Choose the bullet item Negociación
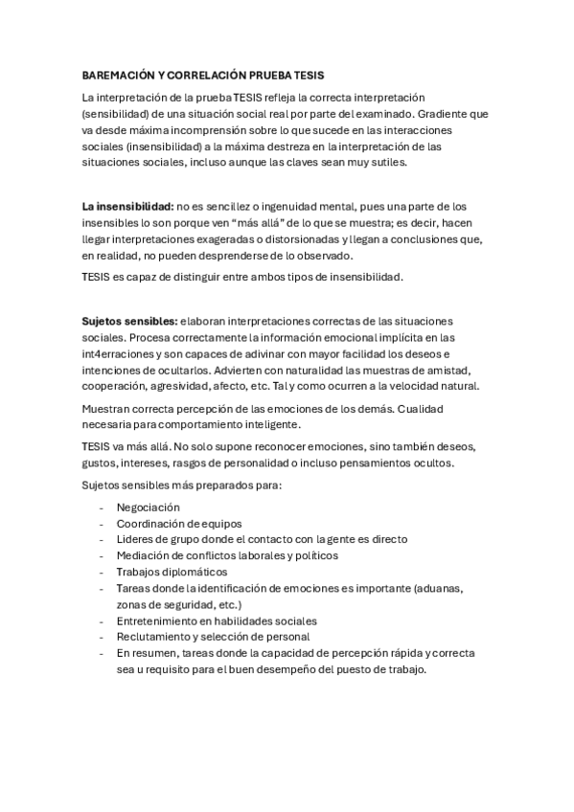(x=148, y=507)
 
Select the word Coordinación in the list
(x=150, y=523)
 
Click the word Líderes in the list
(x=136, y=539)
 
